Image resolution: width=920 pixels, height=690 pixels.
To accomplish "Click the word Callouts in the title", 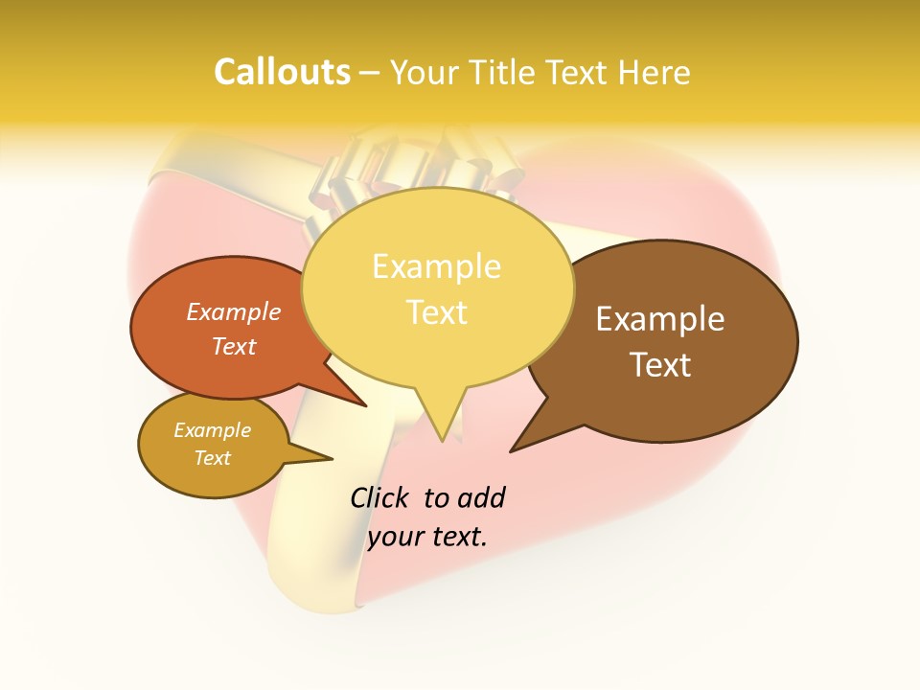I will pyautogui.click(x=282, y=72).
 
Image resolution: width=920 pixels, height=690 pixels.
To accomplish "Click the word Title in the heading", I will pyautogui.click(x=504, y=72).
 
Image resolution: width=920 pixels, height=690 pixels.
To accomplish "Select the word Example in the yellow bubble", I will pyautogui.click(x=436, y=266).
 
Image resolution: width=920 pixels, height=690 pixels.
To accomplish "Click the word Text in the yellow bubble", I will pyautogui.click(x=436, y=311).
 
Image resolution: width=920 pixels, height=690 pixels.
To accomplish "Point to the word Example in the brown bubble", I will pyautogui.click(x=660, y=319).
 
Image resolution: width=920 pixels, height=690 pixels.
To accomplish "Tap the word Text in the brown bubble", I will pyautogui.click(x=660, y=365).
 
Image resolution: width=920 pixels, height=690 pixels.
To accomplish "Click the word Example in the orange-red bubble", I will pyautogui.click(x=234, y=311).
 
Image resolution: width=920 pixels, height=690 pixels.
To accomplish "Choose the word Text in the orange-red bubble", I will pyautogui.click(x=234, y=346).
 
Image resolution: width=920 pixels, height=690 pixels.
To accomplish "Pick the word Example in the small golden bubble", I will pyautogui.click(x=212, y=430).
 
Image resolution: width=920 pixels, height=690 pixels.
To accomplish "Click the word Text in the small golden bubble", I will pyautogui.click(x=212, y=458).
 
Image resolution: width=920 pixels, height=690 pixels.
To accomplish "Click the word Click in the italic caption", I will pyautogui.click(x=379, y=497).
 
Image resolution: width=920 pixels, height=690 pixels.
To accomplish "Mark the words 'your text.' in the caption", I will pyautogui.click(x=427, y=537).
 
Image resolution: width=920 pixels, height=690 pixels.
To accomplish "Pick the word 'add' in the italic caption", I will pyautogui.click(x=481, y=497).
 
